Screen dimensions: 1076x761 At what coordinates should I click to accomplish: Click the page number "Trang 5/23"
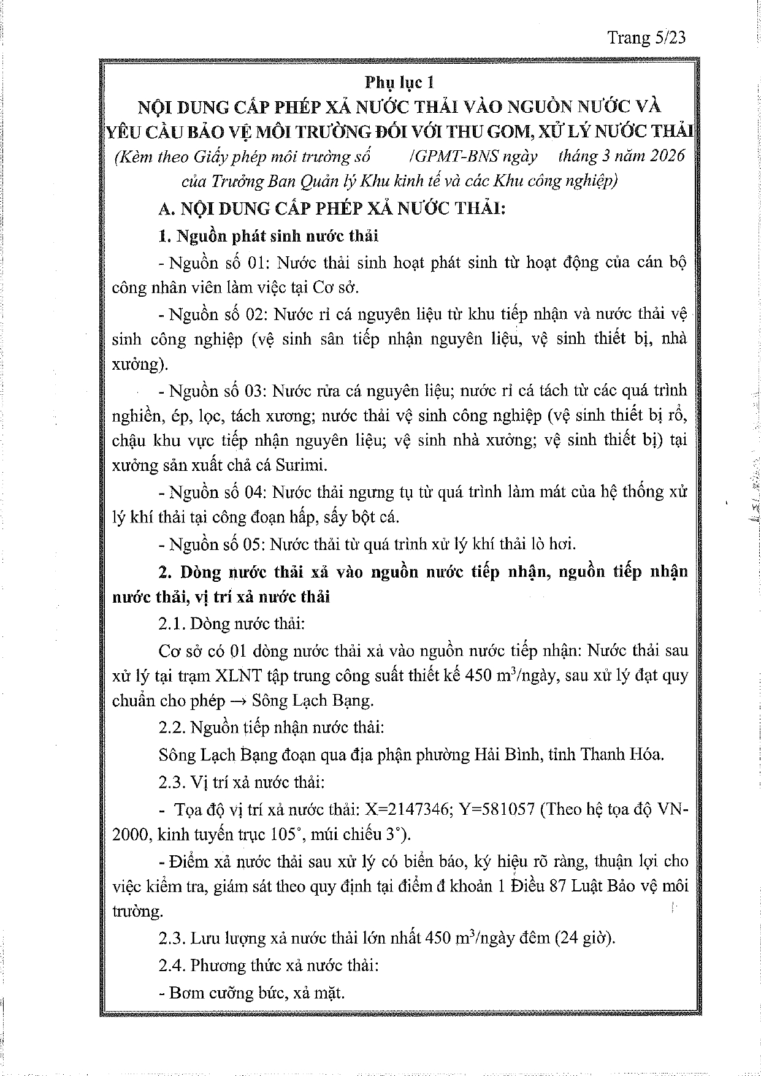click(646, 38)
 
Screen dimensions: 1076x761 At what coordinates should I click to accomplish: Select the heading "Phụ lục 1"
click(399, 82)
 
